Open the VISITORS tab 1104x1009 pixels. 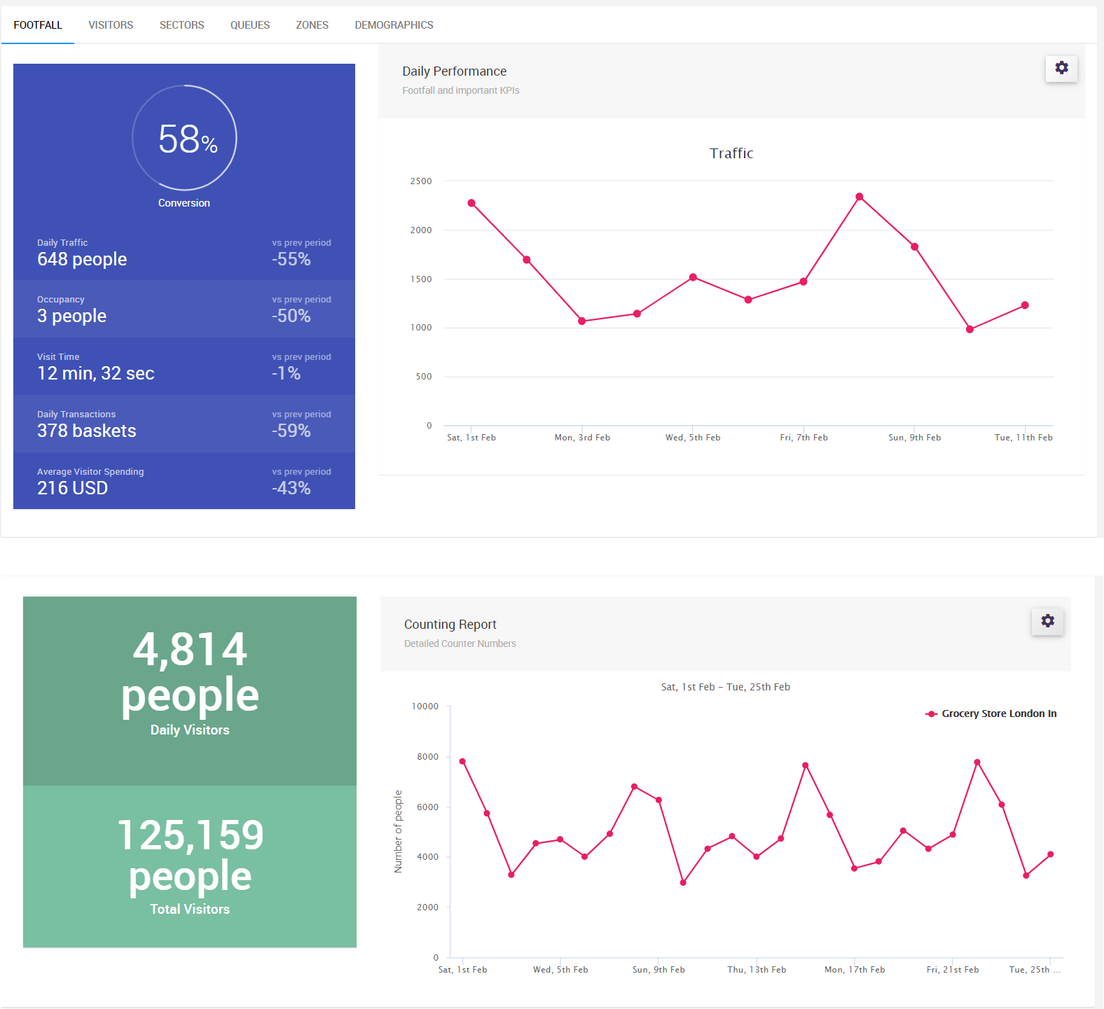click(111, 25)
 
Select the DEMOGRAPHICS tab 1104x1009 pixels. click(394, 25)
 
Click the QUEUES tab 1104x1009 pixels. click(250, 25)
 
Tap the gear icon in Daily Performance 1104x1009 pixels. click(1061, 68)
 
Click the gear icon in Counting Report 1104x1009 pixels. click(1047, 621)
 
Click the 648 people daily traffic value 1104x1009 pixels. click(82, 260)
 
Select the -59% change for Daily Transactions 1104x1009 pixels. click(291, 431)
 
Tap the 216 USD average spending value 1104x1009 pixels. click(73, 488)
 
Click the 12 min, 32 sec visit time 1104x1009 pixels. click(96, 373)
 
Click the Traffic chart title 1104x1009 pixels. click(731, 153)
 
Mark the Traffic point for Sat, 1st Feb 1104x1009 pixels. click(471, 203)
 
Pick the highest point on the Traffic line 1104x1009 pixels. click(860, 197)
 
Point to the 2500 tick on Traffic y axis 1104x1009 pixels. click(421, 181)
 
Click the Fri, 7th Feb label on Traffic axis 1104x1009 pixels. click(803, 438)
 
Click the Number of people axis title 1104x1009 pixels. click(399, 831)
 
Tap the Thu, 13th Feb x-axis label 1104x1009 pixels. click(757, 970)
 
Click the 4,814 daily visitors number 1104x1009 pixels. click(190, 649)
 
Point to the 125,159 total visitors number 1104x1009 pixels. click(190, 835)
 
